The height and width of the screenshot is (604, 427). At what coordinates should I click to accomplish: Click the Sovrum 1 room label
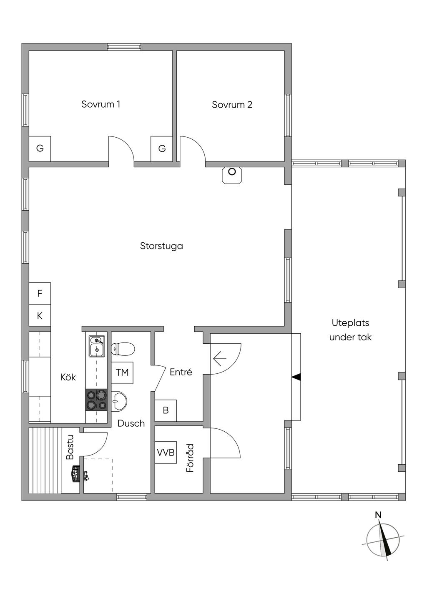coord(100,104)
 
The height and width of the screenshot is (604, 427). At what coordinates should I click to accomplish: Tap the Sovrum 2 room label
coord(232,105)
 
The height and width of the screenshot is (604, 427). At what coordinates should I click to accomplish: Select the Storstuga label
coord(161,246)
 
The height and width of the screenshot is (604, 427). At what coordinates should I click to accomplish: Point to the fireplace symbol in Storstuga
coord(232,175)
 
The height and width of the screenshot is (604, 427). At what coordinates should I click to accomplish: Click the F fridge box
coord(40,293)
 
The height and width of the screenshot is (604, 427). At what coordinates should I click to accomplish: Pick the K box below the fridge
coord(40,315)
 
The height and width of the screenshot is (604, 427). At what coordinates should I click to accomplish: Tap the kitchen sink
coord(97,347)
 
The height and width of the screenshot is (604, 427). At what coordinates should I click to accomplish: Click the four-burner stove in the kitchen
coord(96,400)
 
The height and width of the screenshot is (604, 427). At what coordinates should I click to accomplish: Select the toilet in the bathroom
coord(123,349)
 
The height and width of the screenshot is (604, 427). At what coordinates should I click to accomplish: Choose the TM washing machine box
coord(122,372)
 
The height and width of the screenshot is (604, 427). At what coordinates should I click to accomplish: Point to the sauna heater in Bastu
coord(76,477)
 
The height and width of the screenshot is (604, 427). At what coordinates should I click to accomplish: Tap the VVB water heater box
coord(166,452)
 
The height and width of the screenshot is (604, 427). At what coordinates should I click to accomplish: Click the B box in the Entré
coord(166,410)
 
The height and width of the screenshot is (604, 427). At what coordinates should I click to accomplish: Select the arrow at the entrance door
coord(220,359)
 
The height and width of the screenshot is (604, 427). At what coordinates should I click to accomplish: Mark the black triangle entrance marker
coord(296,377)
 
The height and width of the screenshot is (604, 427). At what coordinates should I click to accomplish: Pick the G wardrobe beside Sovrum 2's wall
coord(162,148)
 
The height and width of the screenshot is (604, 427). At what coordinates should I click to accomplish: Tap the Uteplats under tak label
coord(350,330)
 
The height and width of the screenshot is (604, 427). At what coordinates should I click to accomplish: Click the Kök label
coord(68,377)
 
